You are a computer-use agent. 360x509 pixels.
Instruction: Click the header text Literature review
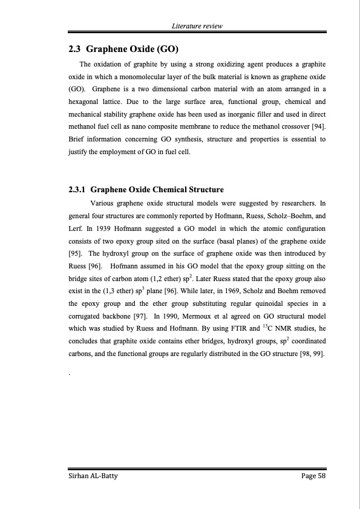tap(197, 26)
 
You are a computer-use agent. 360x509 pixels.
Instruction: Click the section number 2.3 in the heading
tap(76, 49)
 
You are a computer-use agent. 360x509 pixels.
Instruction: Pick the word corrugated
tap(85, 316)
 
